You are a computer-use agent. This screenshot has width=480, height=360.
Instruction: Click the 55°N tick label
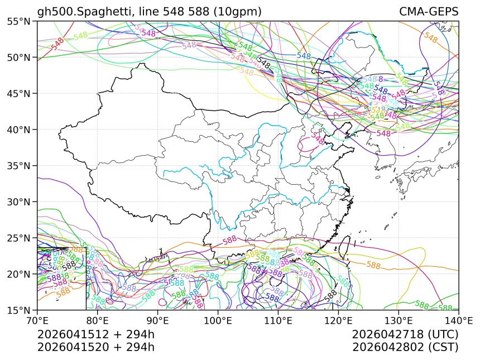[19, 21]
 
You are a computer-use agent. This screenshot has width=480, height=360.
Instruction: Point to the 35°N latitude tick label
[19, 166]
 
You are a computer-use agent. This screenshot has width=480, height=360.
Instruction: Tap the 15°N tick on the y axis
[19, 310]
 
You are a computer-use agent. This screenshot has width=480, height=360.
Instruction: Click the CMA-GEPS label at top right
[429, 12]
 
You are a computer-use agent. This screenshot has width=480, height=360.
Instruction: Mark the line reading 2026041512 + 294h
[95, 334]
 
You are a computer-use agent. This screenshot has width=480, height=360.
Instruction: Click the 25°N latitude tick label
[19, 238]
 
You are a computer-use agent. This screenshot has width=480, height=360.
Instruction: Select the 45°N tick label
[19, 93]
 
